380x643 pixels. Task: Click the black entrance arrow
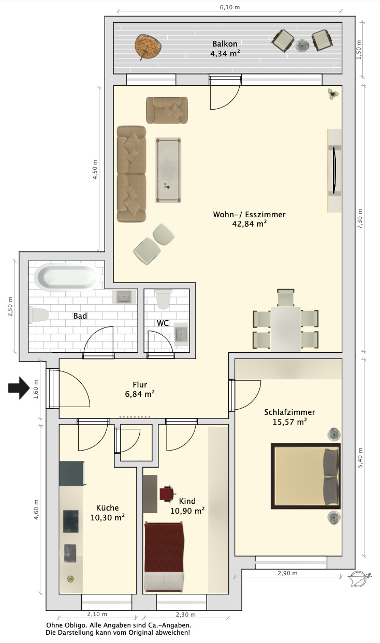[x=19, y=388]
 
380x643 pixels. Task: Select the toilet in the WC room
[x=163, y=299]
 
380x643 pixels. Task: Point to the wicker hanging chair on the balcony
[x=148, y=47]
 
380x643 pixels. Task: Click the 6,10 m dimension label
[x=230, y=7]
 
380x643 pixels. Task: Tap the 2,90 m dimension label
[x=287, y=573]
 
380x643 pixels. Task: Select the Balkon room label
[x=225, y=44]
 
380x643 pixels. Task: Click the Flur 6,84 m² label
[x=140, y=389]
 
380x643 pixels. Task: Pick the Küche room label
[x=107, y=508]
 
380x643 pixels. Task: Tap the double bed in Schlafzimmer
[x=305, y=476]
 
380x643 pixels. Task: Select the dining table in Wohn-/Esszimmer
[x=285, y=328]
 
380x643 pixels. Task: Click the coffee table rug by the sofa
[x=168, y=170]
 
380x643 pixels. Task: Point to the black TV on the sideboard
[x=334, y=170]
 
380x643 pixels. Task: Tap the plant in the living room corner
[x=333, y=94]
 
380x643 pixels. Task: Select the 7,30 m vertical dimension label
[x=360, y=219]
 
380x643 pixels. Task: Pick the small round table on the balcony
[x=302, y=45]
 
